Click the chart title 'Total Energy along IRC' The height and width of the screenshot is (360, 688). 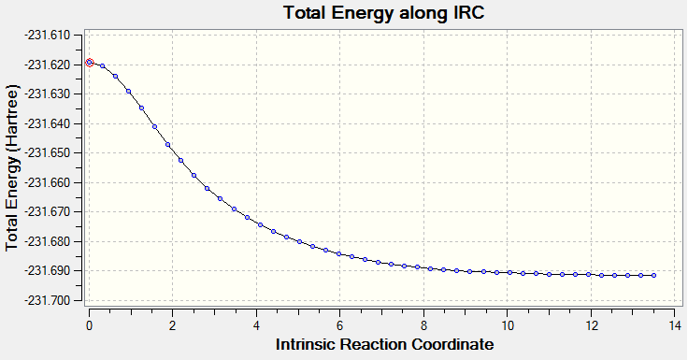(x=384, y=13)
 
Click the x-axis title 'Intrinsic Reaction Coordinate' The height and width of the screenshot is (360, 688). (x=385, y=344)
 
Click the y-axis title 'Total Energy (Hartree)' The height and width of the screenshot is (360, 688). (x=13, y=168)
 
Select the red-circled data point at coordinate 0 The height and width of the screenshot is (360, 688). (x=90, y=63)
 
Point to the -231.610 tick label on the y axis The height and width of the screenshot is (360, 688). (x=49, y=36)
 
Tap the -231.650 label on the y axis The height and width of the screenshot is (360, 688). (x=49, y=153)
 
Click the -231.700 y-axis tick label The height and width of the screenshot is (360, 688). (x=49, y=301)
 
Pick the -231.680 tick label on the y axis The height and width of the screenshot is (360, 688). (x=49, y=242)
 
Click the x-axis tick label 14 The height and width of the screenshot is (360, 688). (x=674, y=325)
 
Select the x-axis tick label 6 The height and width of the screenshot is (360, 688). (x=339, y=325)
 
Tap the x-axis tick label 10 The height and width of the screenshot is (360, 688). (x=508, y=325)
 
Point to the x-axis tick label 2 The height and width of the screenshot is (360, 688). (x=172, y=325)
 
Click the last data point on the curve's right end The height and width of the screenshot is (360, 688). (x=653, y=275)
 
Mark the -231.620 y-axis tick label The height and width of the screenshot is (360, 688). (x=49, y=65)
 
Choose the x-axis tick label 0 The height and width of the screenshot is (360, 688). (x=89, y=325)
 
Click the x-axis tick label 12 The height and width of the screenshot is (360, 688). (x=591, y=325)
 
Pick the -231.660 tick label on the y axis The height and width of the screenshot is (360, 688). (x=49, y=182)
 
